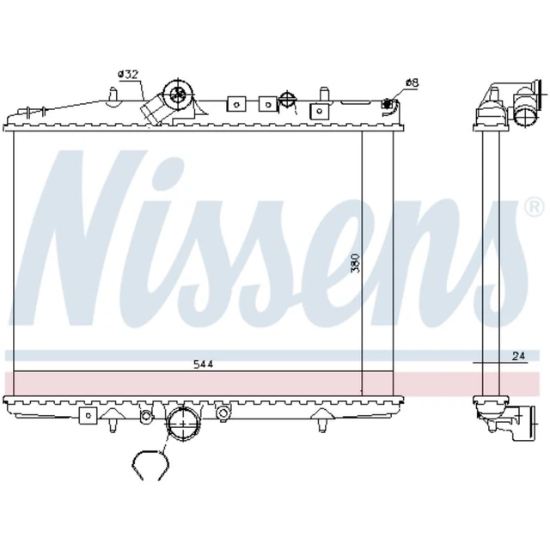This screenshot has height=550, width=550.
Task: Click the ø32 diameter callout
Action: (x=128, y=75)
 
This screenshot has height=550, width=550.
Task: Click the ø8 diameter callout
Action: (x=412, y=83)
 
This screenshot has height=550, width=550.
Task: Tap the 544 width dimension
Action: (x=204, y=364)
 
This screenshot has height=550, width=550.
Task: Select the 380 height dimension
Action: (x=356, y=263)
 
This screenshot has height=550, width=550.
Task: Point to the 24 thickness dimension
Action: (x=519, y=356)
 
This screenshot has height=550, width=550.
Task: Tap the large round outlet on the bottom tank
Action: (x=183, y=424)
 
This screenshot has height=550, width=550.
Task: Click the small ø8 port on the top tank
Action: (x=387, y=103)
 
